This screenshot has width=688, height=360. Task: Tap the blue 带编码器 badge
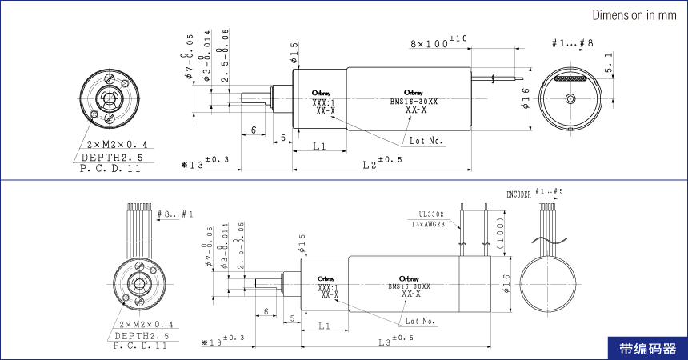[x=647, y=349]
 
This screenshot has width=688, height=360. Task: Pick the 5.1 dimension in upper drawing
[x=610, y=64]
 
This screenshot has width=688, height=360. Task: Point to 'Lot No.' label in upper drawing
[x=426, y=140]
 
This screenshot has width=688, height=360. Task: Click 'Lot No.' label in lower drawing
[x=419, y=321]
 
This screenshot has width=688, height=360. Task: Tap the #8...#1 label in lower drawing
[x=175, y=214]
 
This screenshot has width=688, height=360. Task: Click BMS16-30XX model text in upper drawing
[x=414, y=102]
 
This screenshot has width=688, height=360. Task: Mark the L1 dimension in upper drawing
[x=318, y=146]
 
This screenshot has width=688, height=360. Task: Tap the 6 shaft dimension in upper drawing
[x=253, y=130]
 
